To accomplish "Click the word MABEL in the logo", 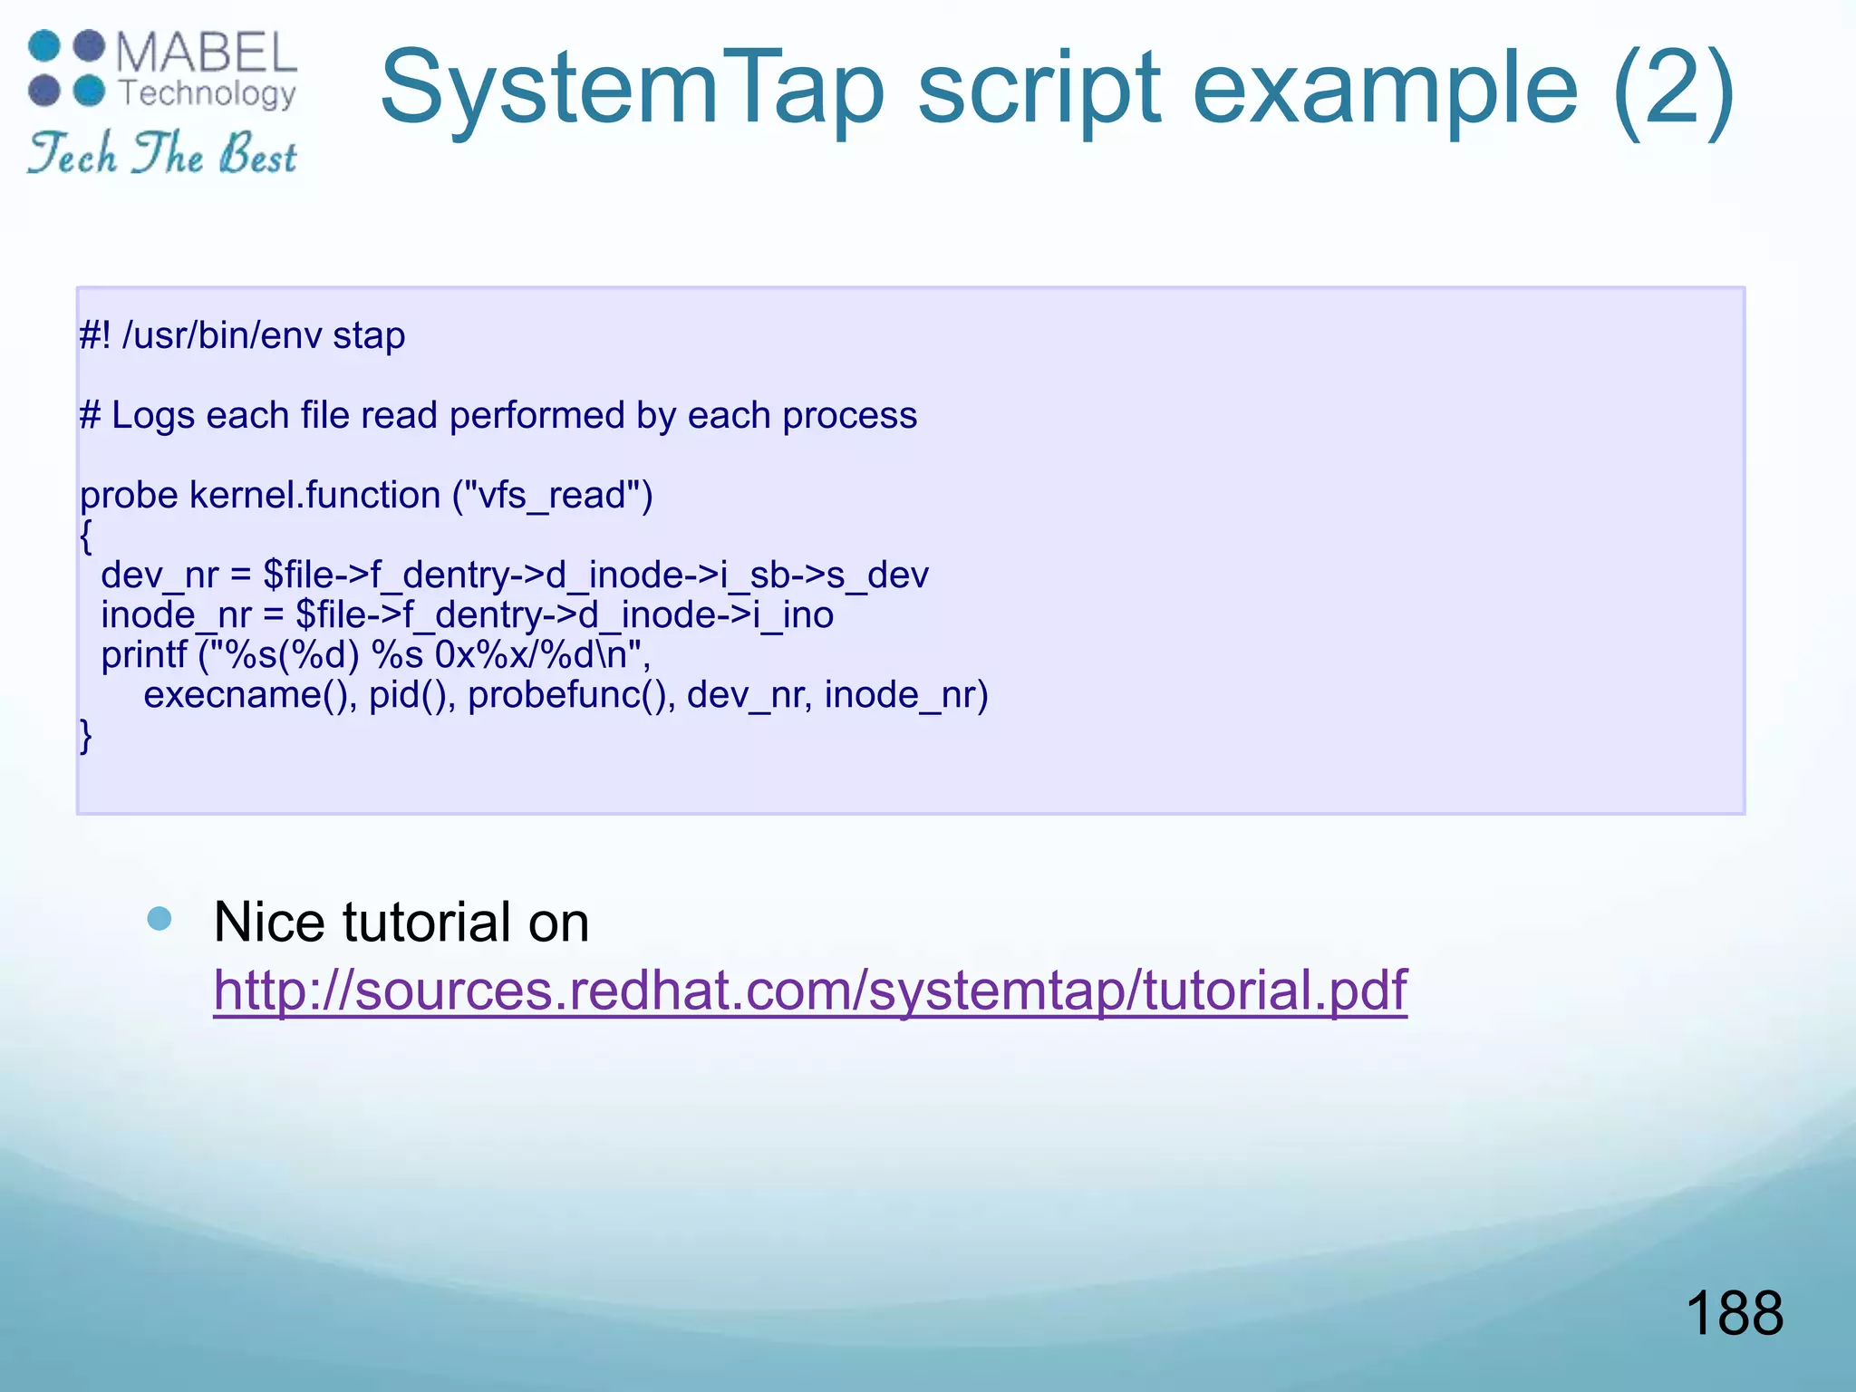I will point(207,53).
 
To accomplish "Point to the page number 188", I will point(1734,1313).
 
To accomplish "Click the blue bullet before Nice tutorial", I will point(159,919).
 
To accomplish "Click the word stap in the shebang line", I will point(369,336).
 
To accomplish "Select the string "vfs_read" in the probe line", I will point(552,496).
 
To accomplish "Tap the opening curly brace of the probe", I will point(86,536).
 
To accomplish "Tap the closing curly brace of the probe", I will point(86,735).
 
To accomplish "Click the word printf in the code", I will point(143,655).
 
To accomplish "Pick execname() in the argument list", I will point(250,695).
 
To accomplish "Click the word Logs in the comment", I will point(152,416).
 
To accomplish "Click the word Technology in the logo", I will point(208,92).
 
